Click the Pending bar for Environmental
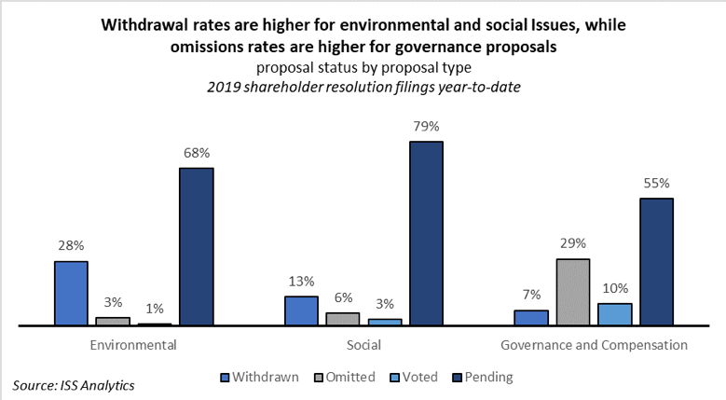tap(197, 247)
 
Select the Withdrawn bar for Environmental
tap(71, 294)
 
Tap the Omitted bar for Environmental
tap(113, 322)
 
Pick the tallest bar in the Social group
tap(425, 233)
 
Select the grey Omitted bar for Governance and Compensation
tap(572, 292)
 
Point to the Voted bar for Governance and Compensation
tap(614, 314)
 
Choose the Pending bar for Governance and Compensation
tap(655, 262)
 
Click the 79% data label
tap(425, 126)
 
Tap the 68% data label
tap(197, 152)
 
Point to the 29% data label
tap(572, 242)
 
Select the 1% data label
tap(155, 308)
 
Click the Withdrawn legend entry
tap(260, 378)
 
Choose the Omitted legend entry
tap(346, 378)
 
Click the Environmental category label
tap(133, 345)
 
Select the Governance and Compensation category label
tap(594, 345)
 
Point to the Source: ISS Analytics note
tap(74, 384)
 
